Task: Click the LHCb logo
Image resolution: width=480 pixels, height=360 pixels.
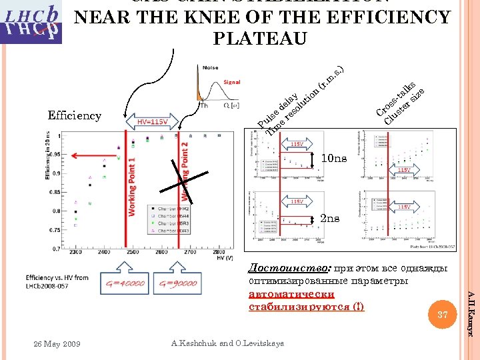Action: click(x=31, y=21)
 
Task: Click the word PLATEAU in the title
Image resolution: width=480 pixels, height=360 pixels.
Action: click(x=260, y=39)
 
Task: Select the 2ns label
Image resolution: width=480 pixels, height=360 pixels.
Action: click(x=330, y=219)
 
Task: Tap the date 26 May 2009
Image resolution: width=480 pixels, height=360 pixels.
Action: click(x=57, y=344)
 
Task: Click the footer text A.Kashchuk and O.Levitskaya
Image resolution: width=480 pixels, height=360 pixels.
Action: click(x=227, y=343)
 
